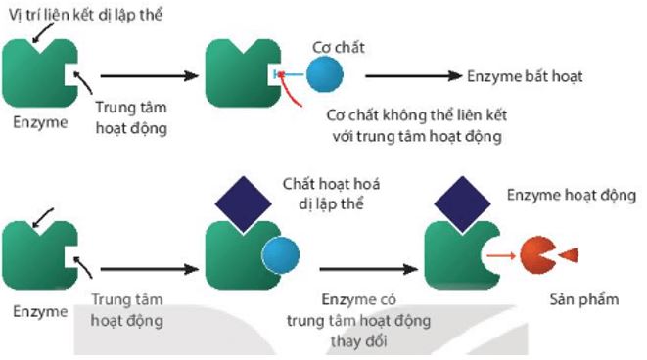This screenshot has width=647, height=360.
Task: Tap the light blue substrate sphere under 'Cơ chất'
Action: point(324,74)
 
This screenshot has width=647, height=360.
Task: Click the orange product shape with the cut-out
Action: point(538,255)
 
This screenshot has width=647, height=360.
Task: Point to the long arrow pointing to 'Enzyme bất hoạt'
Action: point(411,75)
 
